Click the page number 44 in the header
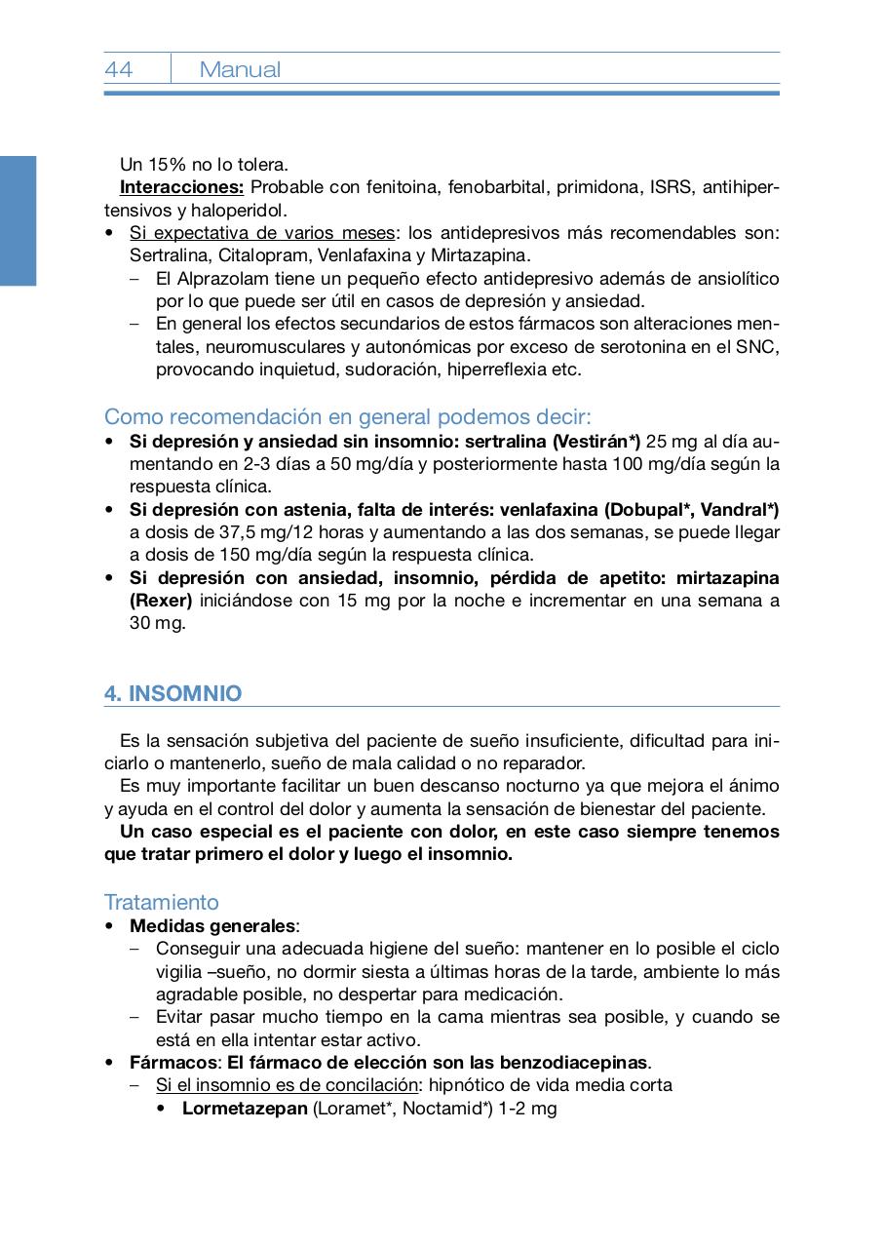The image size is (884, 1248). coord(119,69)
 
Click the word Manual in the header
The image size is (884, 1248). coord(240,69)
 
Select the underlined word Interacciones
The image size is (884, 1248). coord(181,187)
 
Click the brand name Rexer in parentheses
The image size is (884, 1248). coord(161,601)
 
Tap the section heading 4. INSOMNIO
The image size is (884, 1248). coord(173,693)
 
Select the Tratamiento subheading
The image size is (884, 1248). coord(162,902)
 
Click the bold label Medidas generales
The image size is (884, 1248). coord(212,925)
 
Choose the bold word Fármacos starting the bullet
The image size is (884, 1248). coord(172,1062)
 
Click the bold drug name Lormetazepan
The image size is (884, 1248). coord(245,1108)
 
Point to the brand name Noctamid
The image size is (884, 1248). coord(443,1108)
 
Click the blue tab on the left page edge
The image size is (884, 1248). coord(18,220)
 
